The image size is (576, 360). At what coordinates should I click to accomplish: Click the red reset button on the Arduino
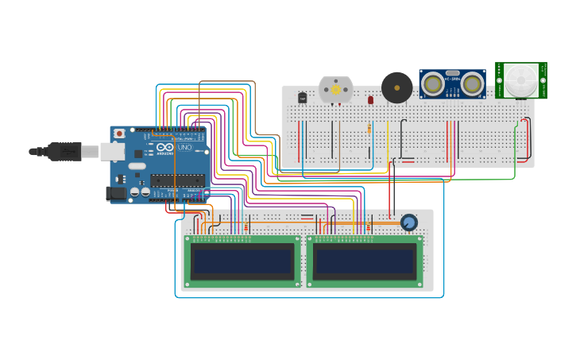click(x=119, y=134)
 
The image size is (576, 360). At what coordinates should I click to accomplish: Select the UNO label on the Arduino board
click(x=184, y=148)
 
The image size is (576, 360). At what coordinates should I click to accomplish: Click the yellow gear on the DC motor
click(x=336, y=90)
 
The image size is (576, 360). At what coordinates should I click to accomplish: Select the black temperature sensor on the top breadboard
click(x=302, y=98)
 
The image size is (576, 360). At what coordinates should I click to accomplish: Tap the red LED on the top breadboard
click(x=370, y=100)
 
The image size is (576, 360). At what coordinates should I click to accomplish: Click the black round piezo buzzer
click(x=396, y=87)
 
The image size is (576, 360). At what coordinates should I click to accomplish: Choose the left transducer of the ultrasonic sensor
click(x=432, y=83)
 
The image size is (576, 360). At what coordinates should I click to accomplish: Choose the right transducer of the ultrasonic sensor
click(x=473, y=83)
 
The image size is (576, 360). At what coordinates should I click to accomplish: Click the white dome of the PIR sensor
click(x=521, y=79)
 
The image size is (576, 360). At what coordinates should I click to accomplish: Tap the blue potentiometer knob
click(x=409, y=223)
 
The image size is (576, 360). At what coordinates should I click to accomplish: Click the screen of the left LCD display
click(x=242, y=261)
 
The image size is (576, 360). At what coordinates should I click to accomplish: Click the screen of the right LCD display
click(x=365, y=261)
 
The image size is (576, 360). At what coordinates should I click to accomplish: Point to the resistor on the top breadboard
click(x=369, y=129)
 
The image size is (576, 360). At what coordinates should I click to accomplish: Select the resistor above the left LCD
click(x=245, y=228)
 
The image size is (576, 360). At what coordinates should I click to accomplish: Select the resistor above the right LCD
click(x=368, y=228)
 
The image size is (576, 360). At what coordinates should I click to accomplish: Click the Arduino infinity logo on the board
click(x=165, y=148)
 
